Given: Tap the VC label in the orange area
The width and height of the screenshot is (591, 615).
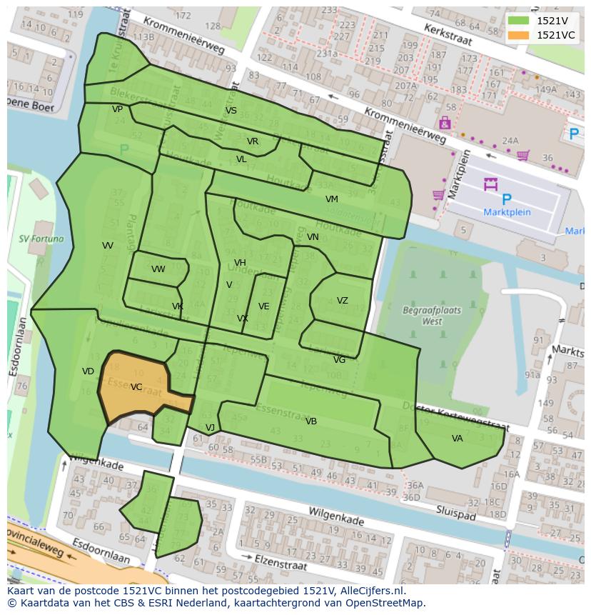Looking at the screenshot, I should [136, 387].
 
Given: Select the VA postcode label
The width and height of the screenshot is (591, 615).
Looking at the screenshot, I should [457, 439].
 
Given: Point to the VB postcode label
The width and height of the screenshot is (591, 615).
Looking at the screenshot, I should [310, 421].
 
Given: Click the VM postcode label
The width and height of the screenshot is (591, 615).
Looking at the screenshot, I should [331, 199].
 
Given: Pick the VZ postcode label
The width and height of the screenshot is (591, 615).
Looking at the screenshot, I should [342, 301].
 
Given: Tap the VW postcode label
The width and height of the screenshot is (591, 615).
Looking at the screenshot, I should [158, 269].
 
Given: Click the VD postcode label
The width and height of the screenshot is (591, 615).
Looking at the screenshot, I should [88, 371].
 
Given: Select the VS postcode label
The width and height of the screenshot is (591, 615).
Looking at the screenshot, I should [231, 111].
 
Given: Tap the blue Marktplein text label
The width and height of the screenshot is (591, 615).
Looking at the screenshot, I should [507, 212].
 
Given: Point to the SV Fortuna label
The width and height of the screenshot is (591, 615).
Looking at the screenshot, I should [41, 239].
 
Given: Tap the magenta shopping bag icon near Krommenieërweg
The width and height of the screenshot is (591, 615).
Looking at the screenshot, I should [445, 123].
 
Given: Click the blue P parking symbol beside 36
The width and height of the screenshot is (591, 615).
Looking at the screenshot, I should [573, 134].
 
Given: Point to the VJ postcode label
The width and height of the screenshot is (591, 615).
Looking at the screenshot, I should [210, 428].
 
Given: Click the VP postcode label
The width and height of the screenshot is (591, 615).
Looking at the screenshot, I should [117, 109].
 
